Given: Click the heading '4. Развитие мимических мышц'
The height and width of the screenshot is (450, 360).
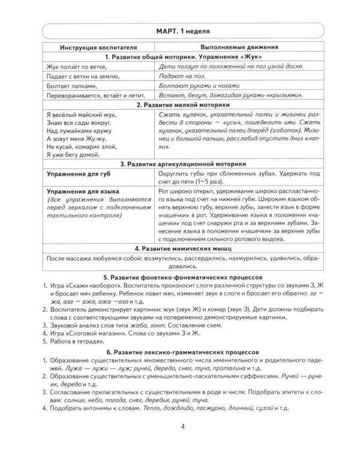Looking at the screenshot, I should [x=180, y=247].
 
